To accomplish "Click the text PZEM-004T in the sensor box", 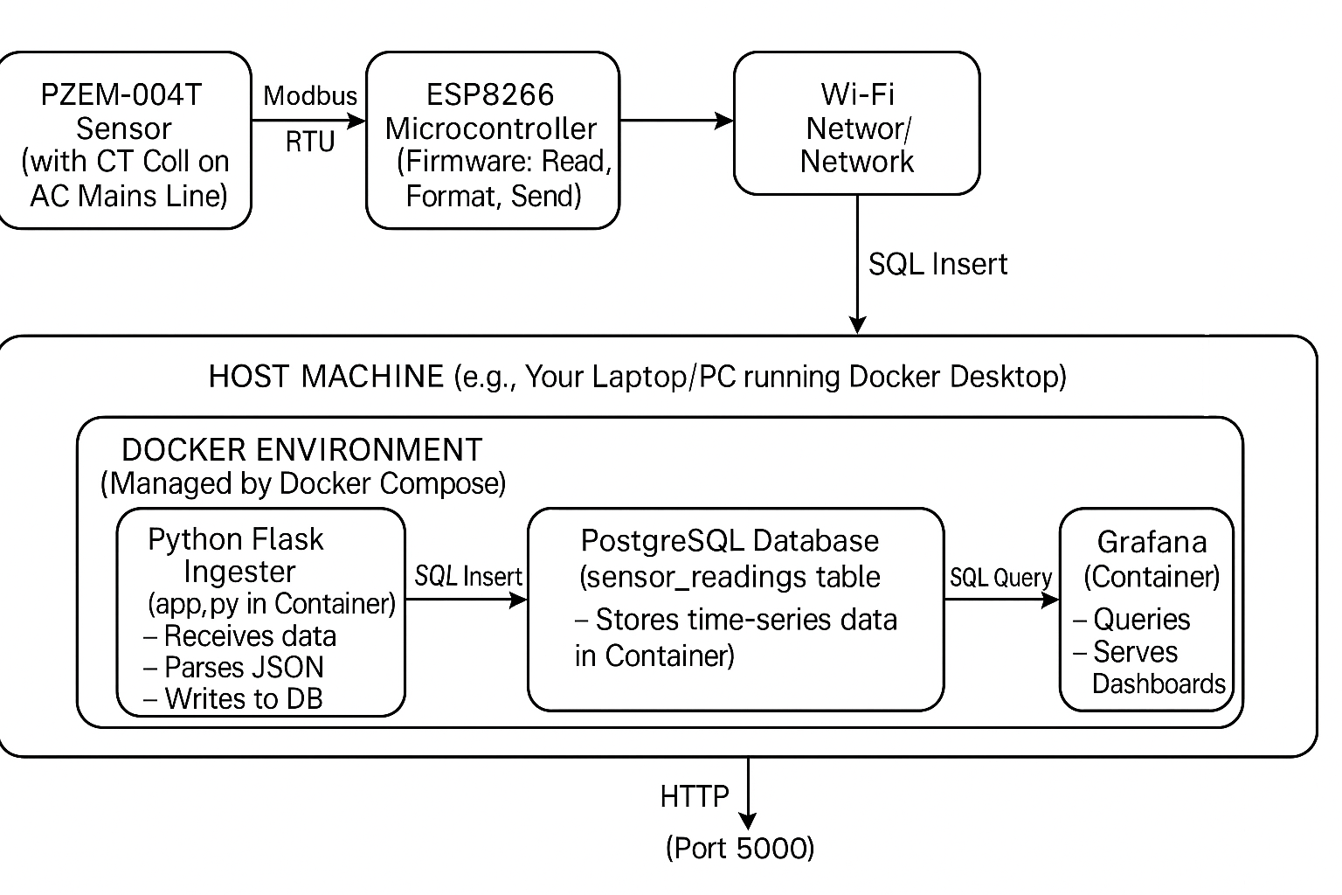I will click(121, 94).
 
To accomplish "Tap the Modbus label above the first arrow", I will click(310, 95).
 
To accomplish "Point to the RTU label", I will click(310, 142).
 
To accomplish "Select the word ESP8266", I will click(490, 94).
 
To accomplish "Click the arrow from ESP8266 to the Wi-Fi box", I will click(676, 121).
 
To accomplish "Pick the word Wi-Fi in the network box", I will click(857, 94).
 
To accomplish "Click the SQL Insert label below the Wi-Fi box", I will click(937, 264).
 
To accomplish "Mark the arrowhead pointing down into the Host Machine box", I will click(858, 325).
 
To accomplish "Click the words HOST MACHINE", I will click(326, 377).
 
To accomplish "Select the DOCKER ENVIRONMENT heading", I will click(301, 450).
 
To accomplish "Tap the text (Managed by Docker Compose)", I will click(303, 483).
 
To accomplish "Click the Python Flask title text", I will click(236, 539).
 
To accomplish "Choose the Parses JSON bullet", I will click(244, 667).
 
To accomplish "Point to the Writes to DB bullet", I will click(243, 698).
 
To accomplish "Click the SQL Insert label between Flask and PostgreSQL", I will click(468, 576).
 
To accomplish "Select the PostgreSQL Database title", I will click(730, 540).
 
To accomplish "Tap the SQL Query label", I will click(1001, 578).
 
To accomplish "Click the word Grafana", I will click(1152, 542).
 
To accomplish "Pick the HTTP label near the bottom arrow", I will click(695, 796).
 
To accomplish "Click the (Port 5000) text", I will click(740, 848).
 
